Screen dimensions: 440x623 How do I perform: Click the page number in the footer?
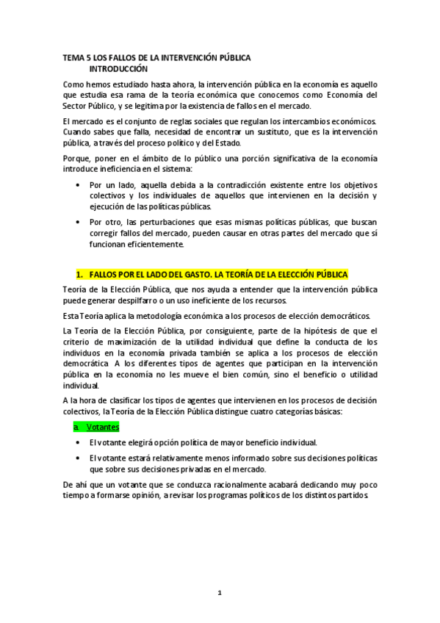point(220,593)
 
